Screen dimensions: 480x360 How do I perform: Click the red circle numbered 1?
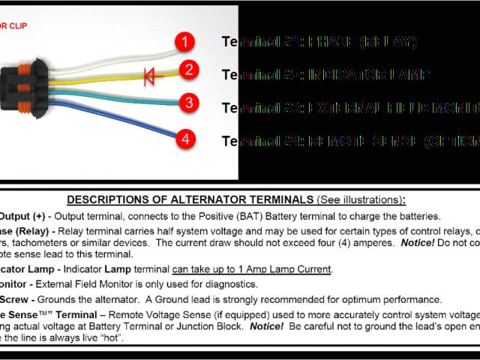[x=184, y=41]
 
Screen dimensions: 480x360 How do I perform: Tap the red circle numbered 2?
[x=189, y=70]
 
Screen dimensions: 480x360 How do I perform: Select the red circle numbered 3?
[x=189, y=103]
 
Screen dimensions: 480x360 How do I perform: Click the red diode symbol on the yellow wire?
[x=153, y=76]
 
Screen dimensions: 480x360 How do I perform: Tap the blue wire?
[x=112, y=120]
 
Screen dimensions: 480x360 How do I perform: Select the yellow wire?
[x=112, y=76]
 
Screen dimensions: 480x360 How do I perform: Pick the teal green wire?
[x=112, y=95]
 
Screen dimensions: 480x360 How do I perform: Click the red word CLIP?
[x=21, y=25]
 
